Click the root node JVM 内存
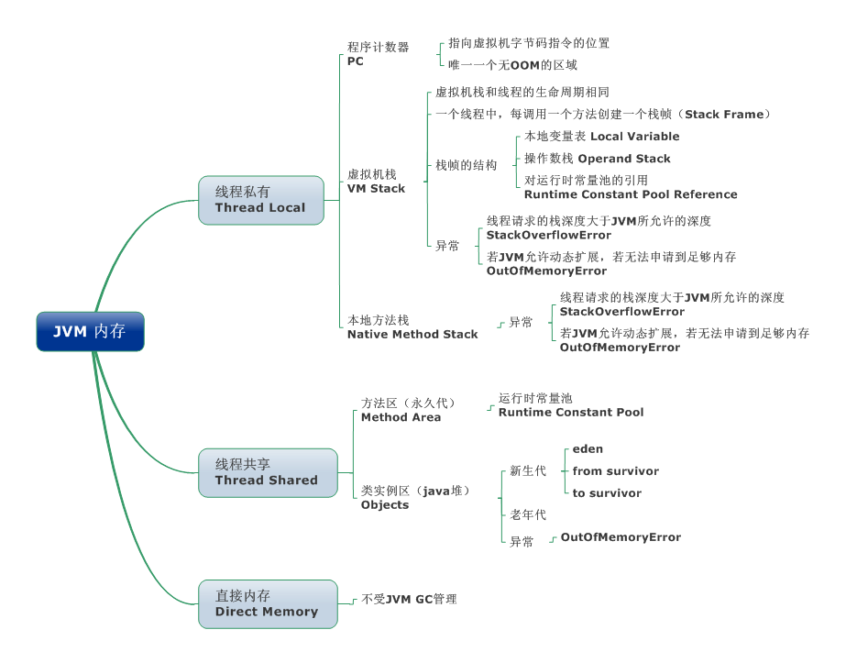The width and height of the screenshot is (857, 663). pos(90,331)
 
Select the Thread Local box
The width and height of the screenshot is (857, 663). pos(260,200)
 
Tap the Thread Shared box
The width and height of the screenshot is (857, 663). pos(267,472)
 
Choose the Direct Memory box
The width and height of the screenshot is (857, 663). pos(267,603)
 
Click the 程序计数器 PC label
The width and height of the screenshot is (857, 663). pos(378,54)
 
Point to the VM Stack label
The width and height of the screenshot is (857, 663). pos(376,182)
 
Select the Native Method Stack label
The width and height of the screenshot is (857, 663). pos(412,327)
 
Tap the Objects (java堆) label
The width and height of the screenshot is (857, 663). pos(415,498)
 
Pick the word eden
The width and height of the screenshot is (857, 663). pos(588,449)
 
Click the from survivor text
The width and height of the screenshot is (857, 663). pos(616,471)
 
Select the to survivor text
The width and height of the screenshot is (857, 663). pos(607,493)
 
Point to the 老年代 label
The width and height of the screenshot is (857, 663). pos(528,515)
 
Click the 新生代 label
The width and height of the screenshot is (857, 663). pos(528,471)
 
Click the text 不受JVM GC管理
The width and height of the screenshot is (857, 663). pos(409,600)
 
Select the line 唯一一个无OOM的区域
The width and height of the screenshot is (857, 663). pos(512,65)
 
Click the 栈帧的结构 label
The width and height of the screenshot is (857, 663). pos(466,165)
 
